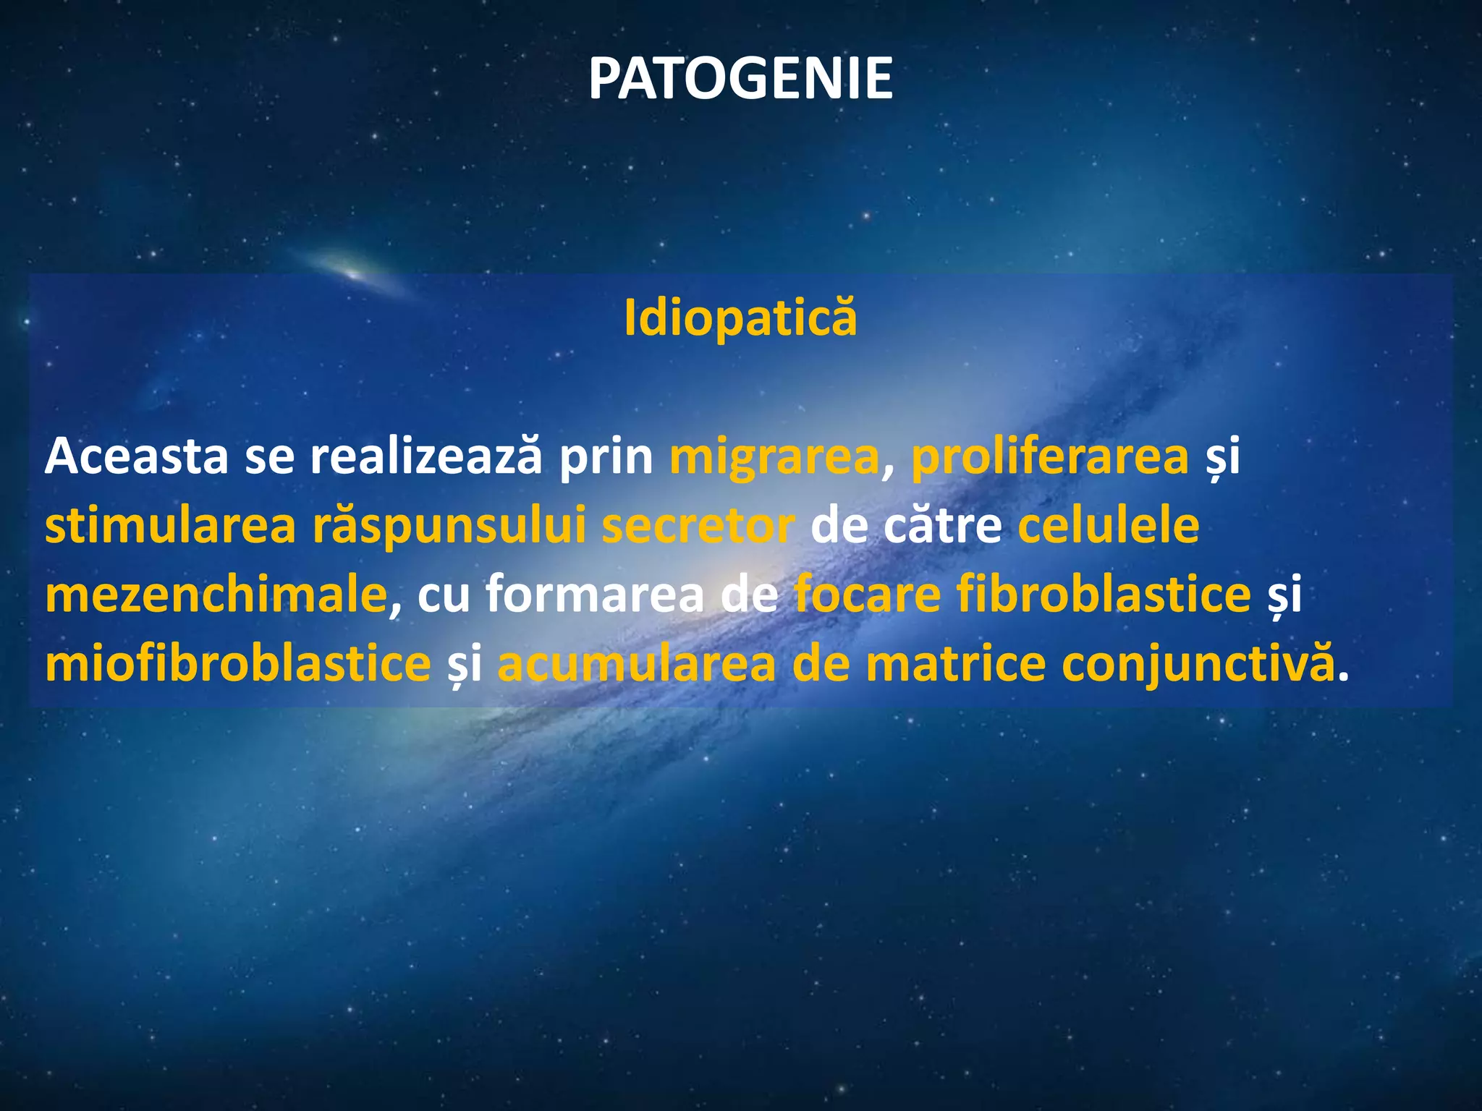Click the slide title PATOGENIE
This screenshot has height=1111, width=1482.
point(740,78)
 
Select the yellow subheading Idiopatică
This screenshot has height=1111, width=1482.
point(740,318)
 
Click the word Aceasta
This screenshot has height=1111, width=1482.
point(136,457)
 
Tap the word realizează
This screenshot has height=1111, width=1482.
point(425,457)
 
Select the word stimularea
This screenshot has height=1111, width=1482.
point(170,526)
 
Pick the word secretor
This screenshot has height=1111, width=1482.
point(698,527)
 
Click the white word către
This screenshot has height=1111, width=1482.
point(942,526)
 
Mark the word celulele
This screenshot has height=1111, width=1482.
point(1109,526)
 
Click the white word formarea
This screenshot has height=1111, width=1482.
point(594,595)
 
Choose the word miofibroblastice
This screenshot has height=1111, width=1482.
point(238,663)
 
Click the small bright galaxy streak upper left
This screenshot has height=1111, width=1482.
point(354,273)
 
